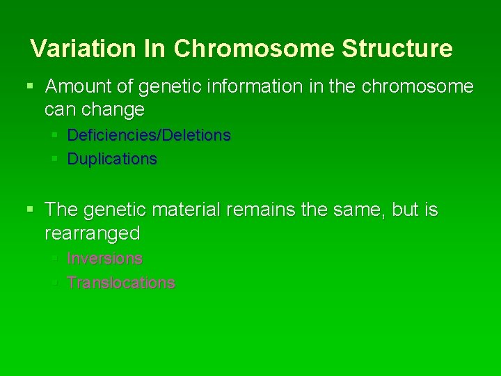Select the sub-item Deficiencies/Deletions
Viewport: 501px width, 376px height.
pos(148,135)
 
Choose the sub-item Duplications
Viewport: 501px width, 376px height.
pos(112,159)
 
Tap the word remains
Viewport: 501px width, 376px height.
pos(287,210)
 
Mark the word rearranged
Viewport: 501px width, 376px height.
pos(92,233)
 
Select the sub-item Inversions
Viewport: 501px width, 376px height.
pos(104,258)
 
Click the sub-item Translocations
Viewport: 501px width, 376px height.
pos(120,283)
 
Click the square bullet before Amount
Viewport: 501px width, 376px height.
pos(29,87)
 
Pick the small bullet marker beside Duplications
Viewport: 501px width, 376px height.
pos(54,159)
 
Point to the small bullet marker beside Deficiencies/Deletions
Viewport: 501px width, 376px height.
pos(54,134)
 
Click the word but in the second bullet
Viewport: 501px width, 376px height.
pos(406,210)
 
